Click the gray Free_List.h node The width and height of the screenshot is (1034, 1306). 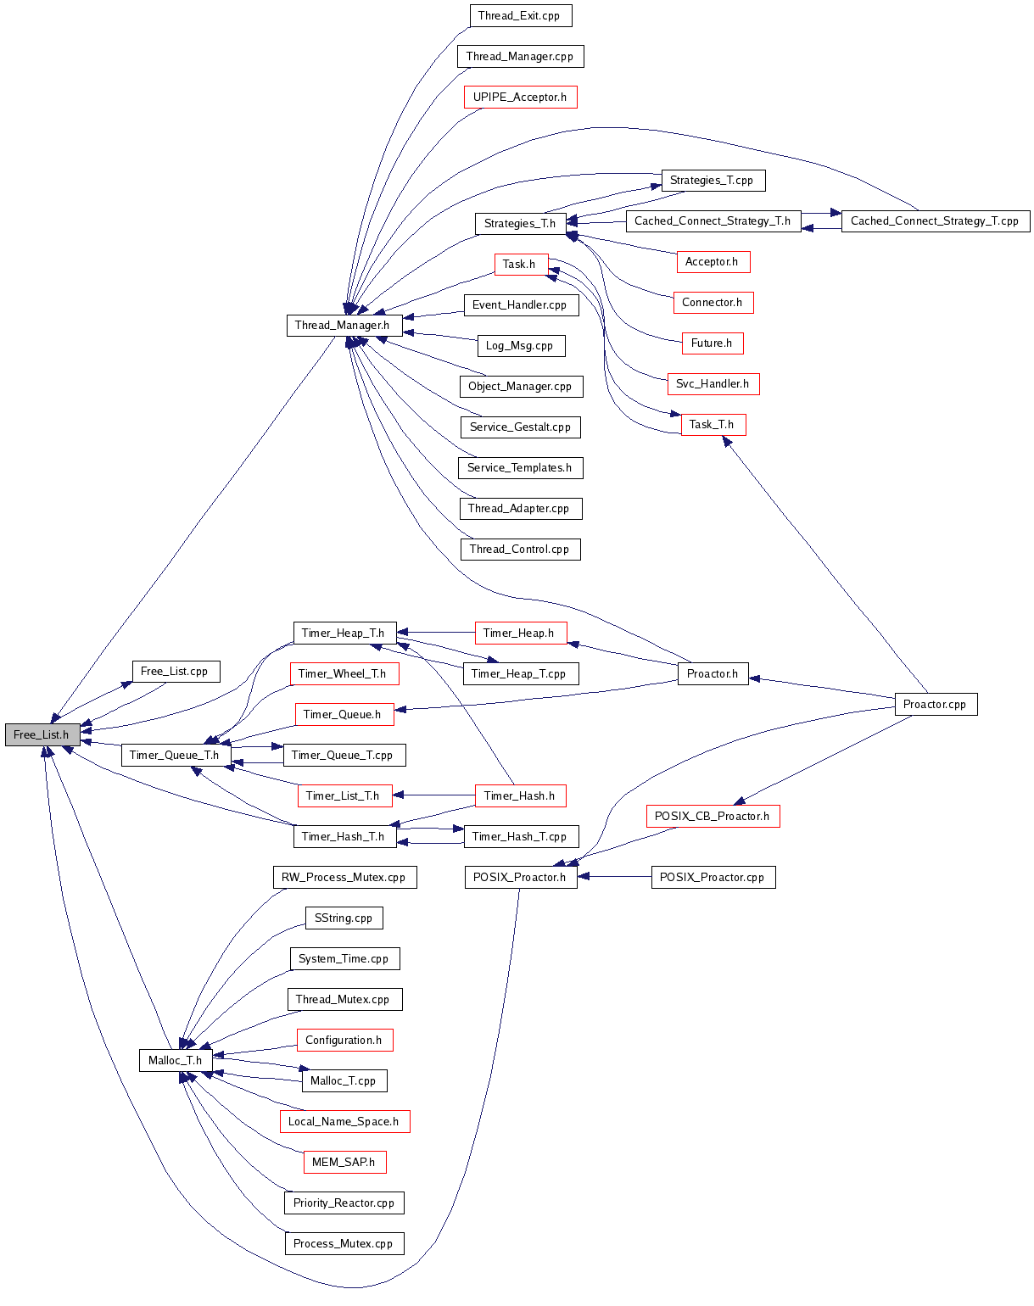pyautogui.click(x=42, y=734)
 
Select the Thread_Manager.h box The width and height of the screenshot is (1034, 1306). pyautogui.click(x=342, y=325)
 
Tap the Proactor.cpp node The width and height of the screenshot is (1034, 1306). pyautogui.click(x=935, y=704)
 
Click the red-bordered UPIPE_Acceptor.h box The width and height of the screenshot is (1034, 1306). pyautogui.click(x=520, y=97)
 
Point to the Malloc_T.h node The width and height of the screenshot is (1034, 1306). pyautogui.click(x=175, y=1060)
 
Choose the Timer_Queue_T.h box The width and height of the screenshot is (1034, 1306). pyautogui.click(x=174, y=755)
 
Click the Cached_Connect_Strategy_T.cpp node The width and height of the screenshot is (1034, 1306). pyautogui.click(x=935, y=220)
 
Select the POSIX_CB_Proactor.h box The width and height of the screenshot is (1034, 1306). pyautogui.click(x=712, y=816)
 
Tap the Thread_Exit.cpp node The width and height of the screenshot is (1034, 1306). pyautogui.click(x=519, y=15)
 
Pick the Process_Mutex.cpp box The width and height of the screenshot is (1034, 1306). pyautogui.click(x=343, y=1243)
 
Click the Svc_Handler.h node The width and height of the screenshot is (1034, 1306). pyautogui.click(x=713, y=383)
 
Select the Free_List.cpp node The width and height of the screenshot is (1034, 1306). pyautogui.click(x=175, y=671)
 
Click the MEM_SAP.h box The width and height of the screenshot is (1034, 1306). pyautogui.click(x=344, y=1162)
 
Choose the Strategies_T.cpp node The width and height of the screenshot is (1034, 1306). pyautogui.click(x=712, y=180)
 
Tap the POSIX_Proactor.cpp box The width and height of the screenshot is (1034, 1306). pyautogui.click(x=713, y=877)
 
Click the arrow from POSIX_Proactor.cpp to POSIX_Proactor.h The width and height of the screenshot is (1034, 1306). pyautogui.click(x=614, y=877)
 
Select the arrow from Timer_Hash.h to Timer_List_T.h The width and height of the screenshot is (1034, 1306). pyautogui.click(x=433, y=795)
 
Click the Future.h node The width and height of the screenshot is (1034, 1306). pyautogui.click(x=712, y=343)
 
